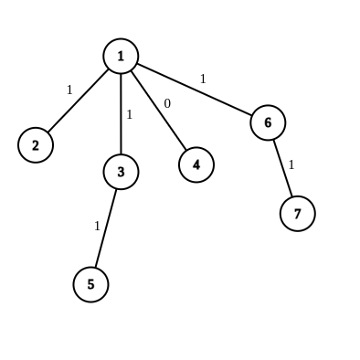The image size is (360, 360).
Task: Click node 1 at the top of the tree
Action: pyautogui.click(x=121, y=57)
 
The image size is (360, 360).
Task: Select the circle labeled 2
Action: pyautogui.click(x=35, y=144)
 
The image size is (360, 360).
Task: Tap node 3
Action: pyautogui.click(x=121, y=170)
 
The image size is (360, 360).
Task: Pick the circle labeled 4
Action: pyautogui.click(x=196, y=164)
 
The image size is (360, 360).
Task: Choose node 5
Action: pyautogui.click(x=90, y=284)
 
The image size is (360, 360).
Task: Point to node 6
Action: pyautogui.click(x=268, y=122)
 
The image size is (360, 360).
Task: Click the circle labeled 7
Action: pyautogui.click(x=298, y=213)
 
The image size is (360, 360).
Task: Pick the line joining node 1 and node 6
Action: pyautogui.click(x=194, y=90)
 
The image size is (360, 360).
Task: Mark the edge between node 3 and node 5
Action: pyautogui.click(x=105, y=228)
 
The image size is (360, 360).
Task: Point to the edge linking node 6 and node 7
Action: pyautogui.click(x=282, y=167)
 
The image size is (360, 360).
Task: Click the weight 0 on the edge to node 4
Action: pyautogui.click(x=167, y=103)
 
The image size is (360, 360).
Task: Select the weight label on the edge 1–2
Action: pyautogui.click(x=69, y=90)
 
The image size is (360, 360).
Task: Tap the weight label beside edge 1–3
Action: pyautogui.click(x=130, y=114)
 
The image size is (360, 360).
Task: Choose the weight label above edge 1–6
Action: pyautogui.click(x=203, y=79)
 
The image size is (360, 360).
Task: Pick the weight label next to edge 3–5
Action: pyautogui.click(x=97, y=225)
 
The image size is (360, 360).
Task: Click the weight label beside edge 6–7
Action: pyautogui.click(x=291, y=164)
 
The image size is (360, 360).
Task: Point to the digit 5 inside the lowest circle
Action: pyautogui.click(x=90, y=284)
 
